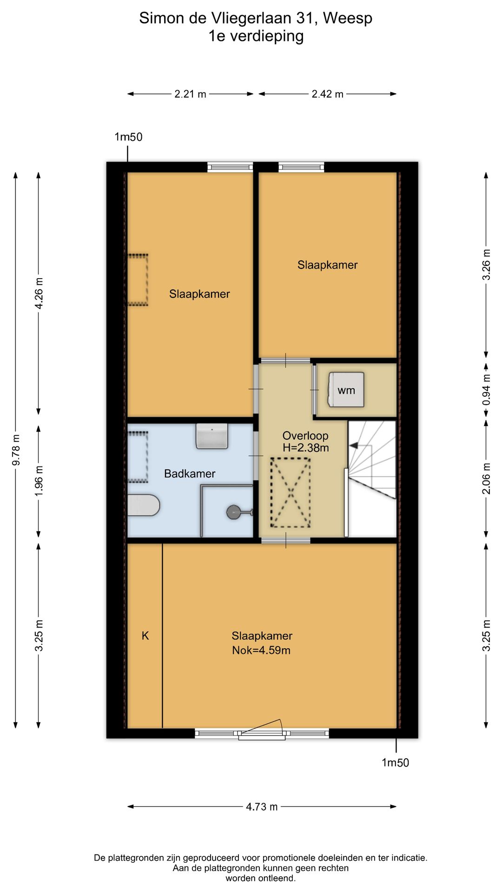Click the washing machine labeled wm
click(x=346, y=390)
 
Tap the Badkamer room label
click(x=190, y=473)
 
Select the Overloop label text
click(x=305, y=436)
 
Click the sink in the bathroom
click(x=212, y=436)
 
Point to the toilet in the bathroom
click(x=144, y=506)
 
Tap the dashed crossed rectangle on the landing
click(x=291, y=493)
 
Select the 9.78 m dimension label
click(x=16, y=449)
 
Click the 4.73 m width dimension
click(x=262, y=806)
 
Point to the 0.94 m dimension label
click(x=486, y=389)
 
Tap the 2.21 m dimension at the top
click(x=190, y=94)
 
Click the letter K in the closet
click(x=145, y=635)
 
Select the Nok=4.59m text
click(x=261, y=650)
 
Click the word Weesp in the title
click(x=348, y=18)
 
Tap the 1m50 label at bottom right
click(x=396, y=762)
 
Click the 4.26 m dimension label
click(x=39, y=293)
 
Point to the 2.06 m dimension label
click(x=486, y=478)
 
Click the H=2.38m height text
click(x=306, y=448)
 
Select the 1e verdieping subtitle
click(x=256, y=36)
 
